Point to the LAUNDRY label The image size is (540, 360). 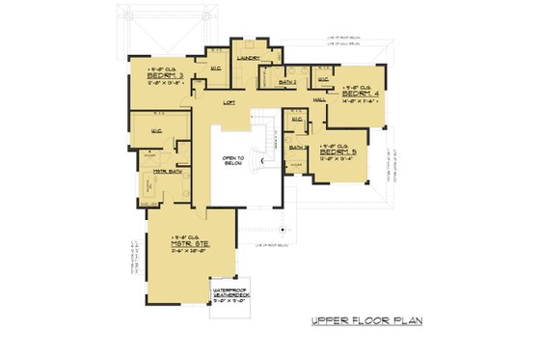[250, 58]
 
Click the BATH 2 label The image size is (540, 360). [287, 84]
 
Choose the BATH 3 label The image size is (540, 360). [299, 147]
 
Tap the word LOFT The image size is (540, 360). [229, 100]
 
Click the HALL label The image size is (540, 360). [319, 99]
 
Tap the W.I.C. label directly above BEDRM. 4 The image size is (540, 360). [323, 78]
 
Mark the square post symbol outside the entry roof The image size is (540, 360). [282, 230]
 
